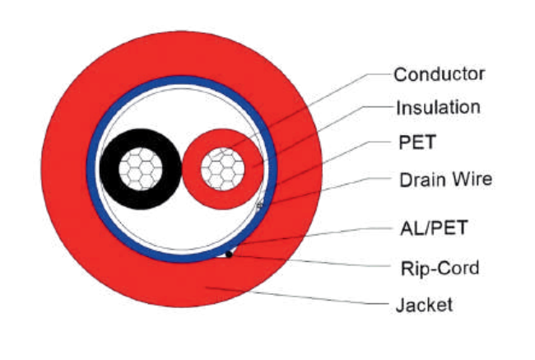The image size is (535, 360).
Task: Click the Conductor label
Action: pyautogui.click(x=440, y=74)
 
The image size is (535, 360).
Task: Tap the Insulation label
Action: pyautogui.click(x=439, y=107)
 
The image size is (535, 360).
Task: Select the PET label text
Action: pyautogui.click(x=417, y=142)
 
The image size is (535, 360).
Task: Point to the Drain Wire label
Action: pyautogui.click(x=445, y=180)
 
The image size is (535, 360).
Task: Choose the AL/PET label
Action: pyautogui.click(x=434, y=228)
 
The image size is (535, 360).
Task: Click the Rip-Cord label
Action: pyautogui.click(x=440, y=268)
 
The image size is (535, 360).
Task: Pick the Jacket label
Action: pyautogui.click(x=424, y=305)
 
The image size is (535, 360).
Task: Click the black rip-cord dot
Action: pyautogui.click(x=229, y=254)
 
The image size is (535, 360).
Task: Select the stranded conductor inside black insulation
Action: pyautogui.click(x=141, y=169)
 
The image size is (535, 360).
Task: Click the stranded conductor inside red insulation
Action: pyautogui.click(x=222, y=169)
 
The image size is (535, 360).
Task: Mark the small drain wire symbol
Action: pyautogui.click(x=259, y=205)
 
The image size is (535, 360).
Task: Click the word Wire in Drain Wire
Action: pyautogui.click(x=472, y=180)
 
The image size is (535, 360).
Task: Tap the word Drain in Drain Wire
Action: pyautogui.click(x=423, y=180)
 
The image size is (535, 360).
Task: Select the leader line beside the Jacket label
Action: pyautogui.click(x=297, y=296)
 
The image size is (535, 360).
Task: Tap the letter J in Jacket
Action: pyautogui.click(x=400, y=305)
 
